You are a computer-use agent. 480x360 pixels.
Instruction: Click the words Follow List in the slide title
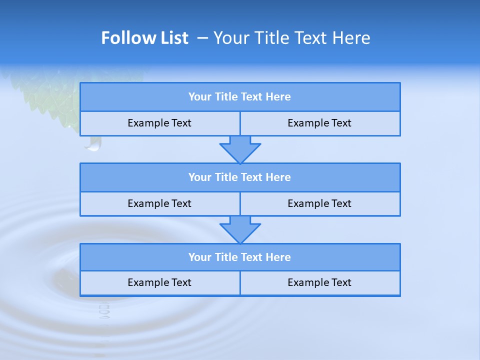click(144, 38)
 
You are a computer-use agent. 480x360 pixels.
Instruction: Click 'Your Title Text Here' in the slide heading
click(291, 38)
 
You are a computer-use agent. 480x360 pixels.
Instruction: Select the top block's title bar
click(240, 97)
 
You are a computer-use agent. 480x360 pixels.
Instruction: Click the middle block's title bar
click(240, 177)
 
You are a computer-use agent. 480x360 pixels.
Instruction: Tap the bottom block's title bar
click(240, 257)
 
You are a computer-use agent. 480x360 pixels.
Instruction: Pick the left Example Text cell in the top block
click(159, 123)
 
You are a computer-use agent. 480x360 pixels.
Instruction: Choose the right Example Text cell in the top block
click(319, 123)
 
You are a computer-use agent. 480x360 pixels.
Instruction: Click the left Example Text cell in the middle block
click(159, 204)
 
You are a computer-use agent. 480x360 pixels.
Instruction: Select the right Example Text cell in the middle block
click(319, 204)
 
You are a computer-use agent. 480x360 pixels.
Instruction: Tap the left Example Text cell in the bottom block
click(159, 283)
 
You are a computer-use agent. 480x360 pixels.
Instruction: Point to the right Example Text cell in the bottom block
click(319, 283)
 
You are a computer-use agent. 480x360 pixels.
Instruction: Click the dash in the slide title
click(202, 38)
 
